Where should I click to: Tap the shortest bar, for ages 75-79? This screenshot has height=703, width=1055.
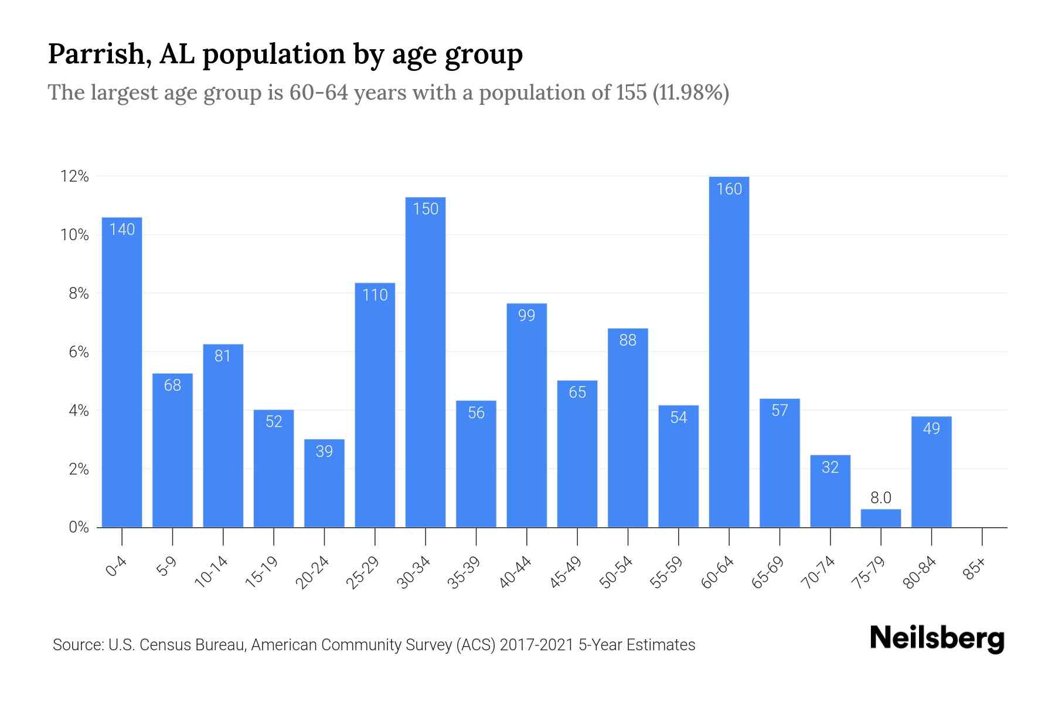click(x=880, y=518)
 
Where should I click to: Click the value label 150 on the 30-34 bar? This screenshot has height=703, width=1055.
click(x=426, y=209)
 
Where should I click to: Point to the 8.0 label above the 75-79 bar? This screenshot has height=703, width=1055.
click(x=880, y=498)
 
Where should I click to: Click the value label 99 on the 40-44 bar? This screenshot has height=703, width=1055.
click(x=526, y=316)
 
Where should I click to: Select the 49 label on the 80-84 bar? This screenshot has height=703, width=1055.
click(x=931, y=429)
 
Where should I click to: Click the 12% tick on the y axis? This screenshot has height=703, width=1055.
click(x=74, y=176)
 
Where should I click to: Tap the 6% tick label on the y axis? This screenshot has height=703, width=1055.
click(x=79, y=352)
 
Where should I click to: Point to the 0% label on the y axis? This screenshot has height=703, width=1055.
click(x=79, y=527)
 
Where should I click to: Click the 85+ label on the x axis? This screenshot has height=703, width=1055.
click(x=975, y=569)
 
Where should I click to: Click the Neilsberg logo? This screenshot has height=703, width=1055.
click(x=937, y=639)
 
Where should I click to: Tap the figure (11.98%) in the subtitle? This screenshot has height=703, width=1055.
click(x=690, y=93)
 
